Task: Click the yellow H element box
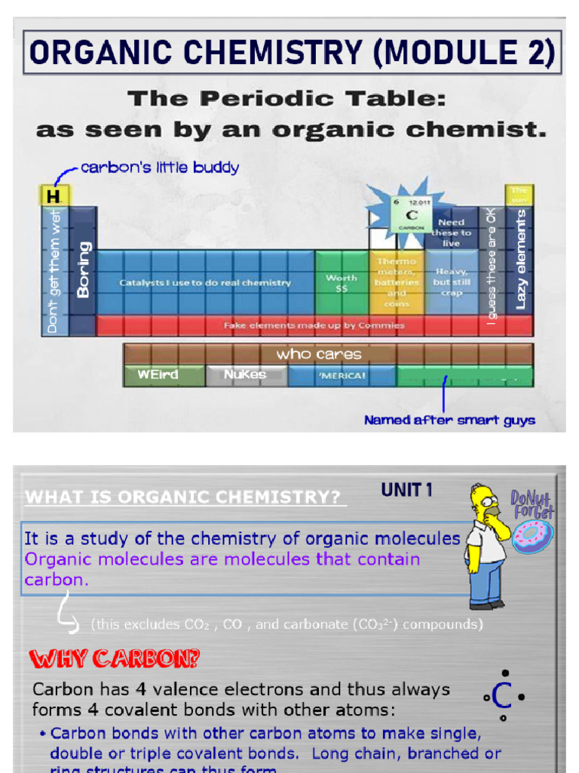click(x=53, y=196)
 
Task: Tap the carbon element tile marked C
click(x=411, y=215)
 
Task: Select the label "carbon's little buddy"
click(x=159, y=168)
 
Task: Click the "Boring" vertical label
click(x=83, y=269)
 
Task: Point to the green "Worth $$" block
click(x=342, y=283)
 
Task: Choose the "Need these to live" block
click(x=451, y=232)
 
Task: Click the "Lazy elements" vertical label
click(x=520, y=259)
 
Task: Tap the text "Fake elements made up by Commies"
click(x=314, y=325)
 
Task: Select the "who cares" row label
click(x=318, y=354)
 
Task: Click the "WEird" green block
click(x=157, y=374)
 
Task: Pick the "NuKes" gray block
click(x=245, y=374)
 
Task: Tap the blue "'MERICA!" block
click(x=342, y=375)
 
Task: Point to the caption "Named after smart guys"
click(x=449, y=420)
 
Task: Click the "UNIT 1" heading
click(x=407, y=490)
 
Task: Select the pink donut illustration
click(x=532, y=536)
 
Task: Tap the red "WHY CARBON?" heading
click(x=115, y=659)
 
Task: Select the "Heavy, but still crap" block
click(x=451, y=282)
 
